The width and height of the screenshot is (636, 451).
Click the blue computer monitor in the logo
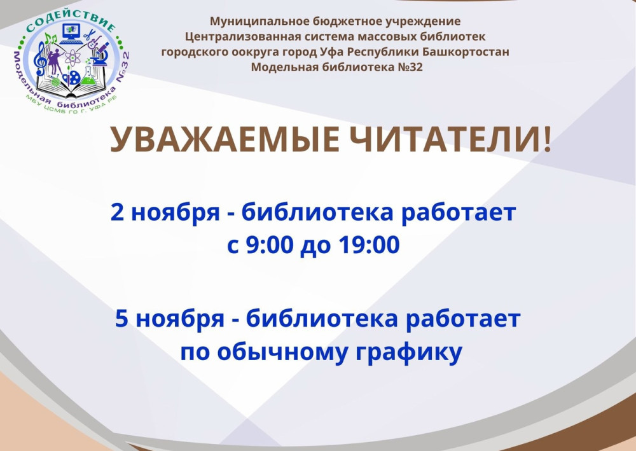71,32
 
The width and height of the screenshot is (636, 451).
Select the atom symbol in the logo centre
73,58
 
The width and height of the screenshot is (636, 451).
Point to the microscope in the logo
100,54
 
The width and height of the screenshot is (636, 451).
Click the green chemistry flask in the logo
88,76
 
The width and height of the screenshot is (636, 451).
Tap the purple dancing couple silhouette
55,61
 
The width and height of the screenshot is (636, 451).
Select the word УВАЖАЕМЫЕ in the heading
225,139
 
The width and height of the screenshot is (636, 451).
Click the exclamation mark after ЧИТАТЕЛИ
547,139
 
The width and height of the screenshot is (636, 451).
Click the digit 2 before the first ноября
117,212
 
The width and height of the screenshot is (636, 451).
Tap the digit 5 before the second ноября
121,319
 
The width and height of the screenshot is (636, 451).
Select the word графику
409,352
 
